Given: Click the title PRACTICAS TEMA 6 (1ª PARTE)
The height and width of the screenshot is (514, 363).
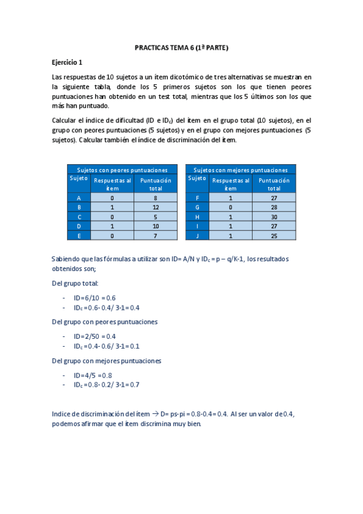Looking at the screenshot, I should click(182, 47).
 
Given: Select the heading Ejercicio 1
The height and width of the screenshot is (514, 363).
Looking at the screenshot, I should click(67, 62).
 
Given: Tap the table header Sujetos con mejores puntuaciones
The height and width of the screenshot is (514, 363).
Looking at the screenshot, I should click(241, 170).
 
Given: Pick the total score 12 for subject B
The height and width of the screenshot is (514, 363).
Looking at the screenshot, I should click(155, 207).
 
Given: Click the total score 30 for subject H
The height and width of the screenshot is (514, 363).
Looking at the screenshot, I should click(274, 216).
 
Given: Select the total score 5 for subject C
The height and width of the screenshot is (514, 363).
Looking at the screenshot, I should click(155, 216).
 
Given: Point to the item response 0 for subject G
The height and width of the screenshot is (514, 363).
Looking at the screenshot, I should click(230, 207).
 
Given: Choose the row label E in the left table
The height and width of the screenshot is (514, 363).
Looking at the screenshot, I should click(79, 236).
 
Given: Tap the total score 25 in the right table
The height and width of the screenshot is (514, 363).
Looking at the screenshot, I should click(274, 236).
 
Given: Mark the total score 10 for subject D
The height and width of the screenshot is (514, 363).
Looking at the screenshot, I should click(155, 226).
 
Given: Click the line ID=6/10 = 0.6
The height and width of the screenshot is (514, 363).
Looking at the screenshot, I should click(95, 298).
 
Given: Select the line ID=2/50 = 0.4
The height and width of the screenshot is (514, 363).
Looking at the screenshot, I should click(95, 336).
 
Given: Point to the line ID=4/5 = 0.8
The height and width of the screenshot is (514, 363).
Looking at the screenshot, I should click(93, 375).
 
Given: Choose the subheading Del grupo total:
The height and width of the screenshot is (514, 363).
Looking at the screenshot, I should click(75, 283).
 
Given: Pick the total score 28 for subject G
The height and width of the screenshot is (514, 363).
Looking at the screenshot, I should click(274, 207).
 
